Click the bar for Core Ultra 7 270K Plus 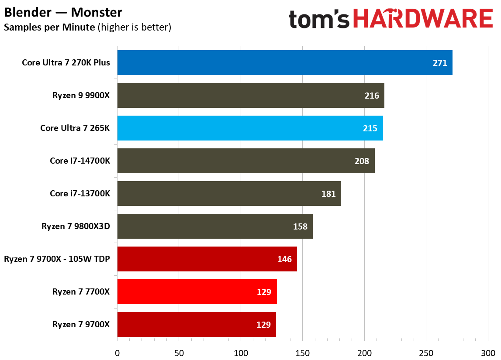coord(284,62)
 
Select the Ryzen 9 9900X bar coord(250,95)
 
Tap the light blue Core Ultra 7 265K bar coord(250,128)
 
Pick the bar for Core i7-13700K coord(229,193)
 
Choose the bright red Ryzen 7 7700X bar coord(197,291)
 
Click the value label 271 coord(440,63)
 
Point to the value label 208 coord(362,161)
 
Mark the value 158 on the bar coord(300,226)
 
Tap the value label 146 coord(284,259)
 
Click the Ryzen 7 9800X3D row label coord(76,226)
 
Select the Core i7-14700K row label coord(80,161)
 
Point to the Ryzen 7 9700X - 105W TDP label coord(57,259)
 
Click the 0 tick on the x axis coord(117,352)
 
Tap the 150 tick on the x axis coord(302,352)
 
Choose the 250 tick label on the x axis coord(426,352)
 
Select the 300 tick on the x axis coord(488,352)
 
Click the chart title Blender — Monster coord(63,12)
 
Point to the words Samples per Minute coord(49,27)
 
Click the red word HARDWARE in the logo coord(422,20)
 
